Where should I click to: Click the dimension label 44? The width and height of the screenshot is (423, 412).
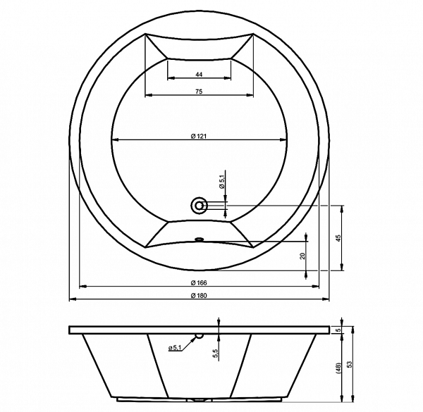click(x=199, y=75)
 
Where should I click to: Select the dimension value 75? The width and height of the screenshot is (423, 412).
click(x=199, y=92)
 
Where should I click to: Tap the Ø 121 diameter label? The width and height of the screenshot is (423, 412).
click(x=199, y=137)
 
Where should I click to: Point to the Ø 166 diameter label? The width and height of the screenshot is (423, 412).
click(x=199, y=282)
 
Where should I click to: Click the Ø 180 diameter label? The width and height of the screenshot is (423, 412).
click(x=199, y=296)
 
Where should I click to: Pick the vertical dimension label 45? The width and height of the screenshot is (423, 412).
click(x=339, y=238)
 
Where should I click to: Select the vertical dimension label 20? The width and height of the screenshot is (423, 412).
click(x=302, y=256)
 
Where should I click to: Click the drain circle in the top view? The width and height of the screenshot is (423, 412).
click(x=200, y=206)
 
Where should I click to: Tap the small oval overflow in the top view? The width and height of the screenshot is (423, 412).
click(x=199, y=239)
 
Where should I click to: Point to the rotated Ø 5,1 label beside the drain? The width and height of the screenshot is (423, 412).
click(x=222, y=182)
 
